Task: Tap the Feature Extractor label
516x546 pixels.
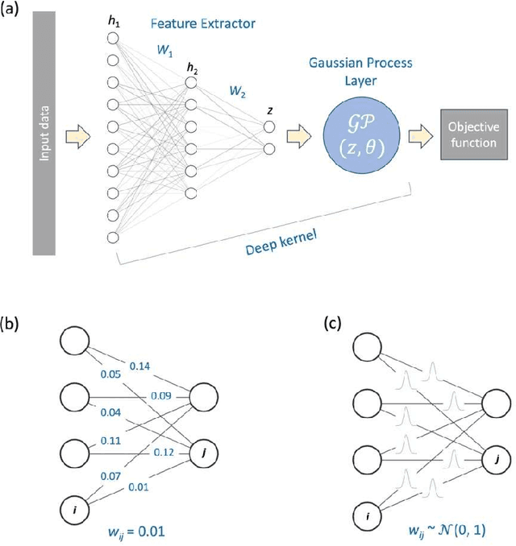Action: tap(191, 23)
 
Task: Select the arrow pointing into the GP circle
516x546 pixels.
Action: tap(301, 133)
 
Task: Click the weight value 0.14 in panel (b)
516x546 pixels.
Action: tap(139, 366)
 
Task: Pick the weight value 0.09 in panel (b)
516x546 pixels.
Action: tap(160, 395)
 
